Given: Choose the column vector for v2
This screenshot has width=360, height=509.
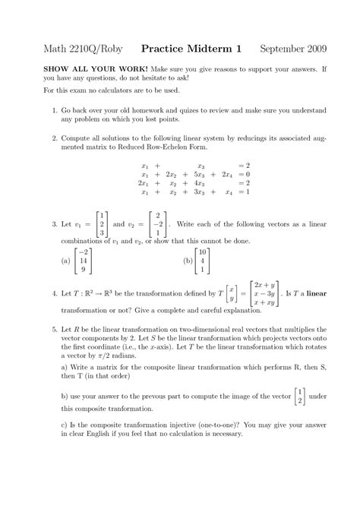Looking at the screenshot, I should point(157,225).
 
